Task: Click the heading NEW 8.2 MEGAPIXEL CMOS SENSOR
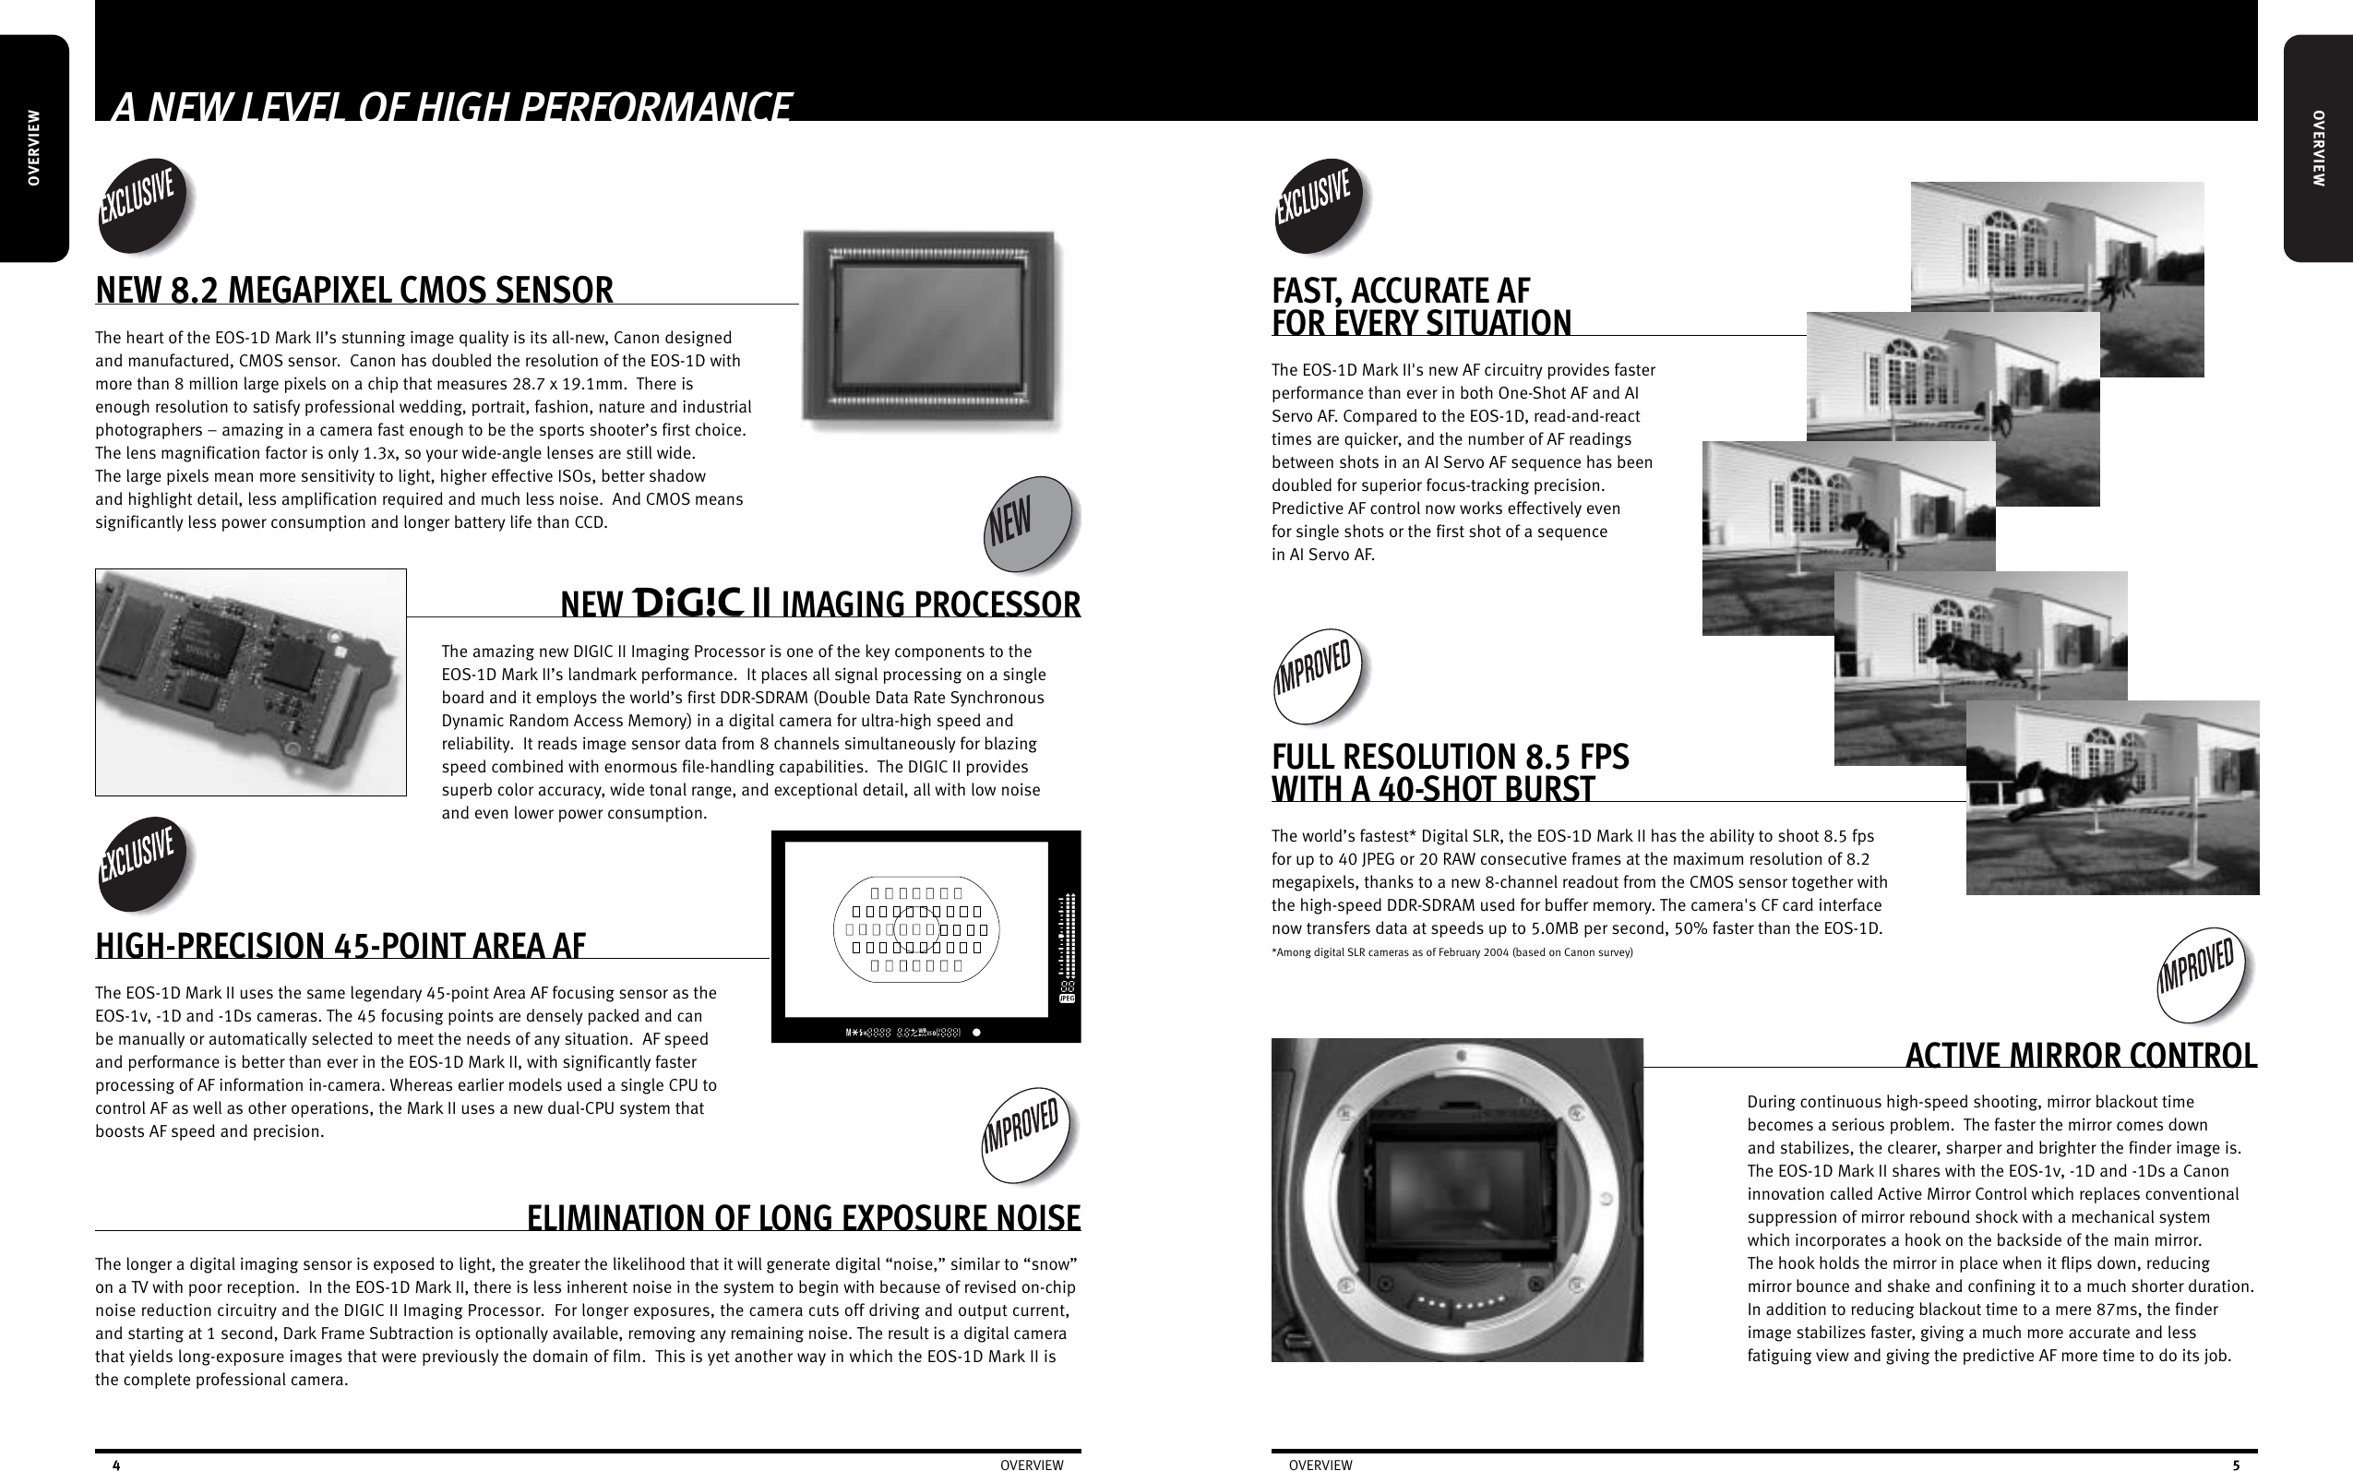(354, 290)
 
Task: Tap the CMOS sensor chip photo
(931, 330)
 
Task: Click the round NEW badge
(1027, 523)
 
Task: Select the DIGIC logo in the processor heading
(688, 603)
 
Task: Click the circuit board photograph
(250, 681)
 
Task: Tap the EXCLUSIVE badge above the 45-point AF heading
(145, 864)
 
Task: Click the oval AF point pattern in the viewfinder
(916, 929)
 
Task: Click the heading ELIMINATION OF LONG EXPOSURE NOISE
(803, 1218)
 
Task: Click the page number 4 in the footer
(116, 1465)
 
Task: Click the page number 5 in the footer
(2235, 1465)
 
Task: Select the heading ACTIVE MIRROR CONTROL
(2080, 1056)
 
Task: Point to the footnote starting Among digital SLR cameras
(1451, 952)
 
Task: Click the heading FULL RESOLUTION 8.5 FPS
(1450, 757)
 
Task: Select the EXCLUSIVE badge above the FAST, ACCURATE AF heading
(1320, 205)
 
